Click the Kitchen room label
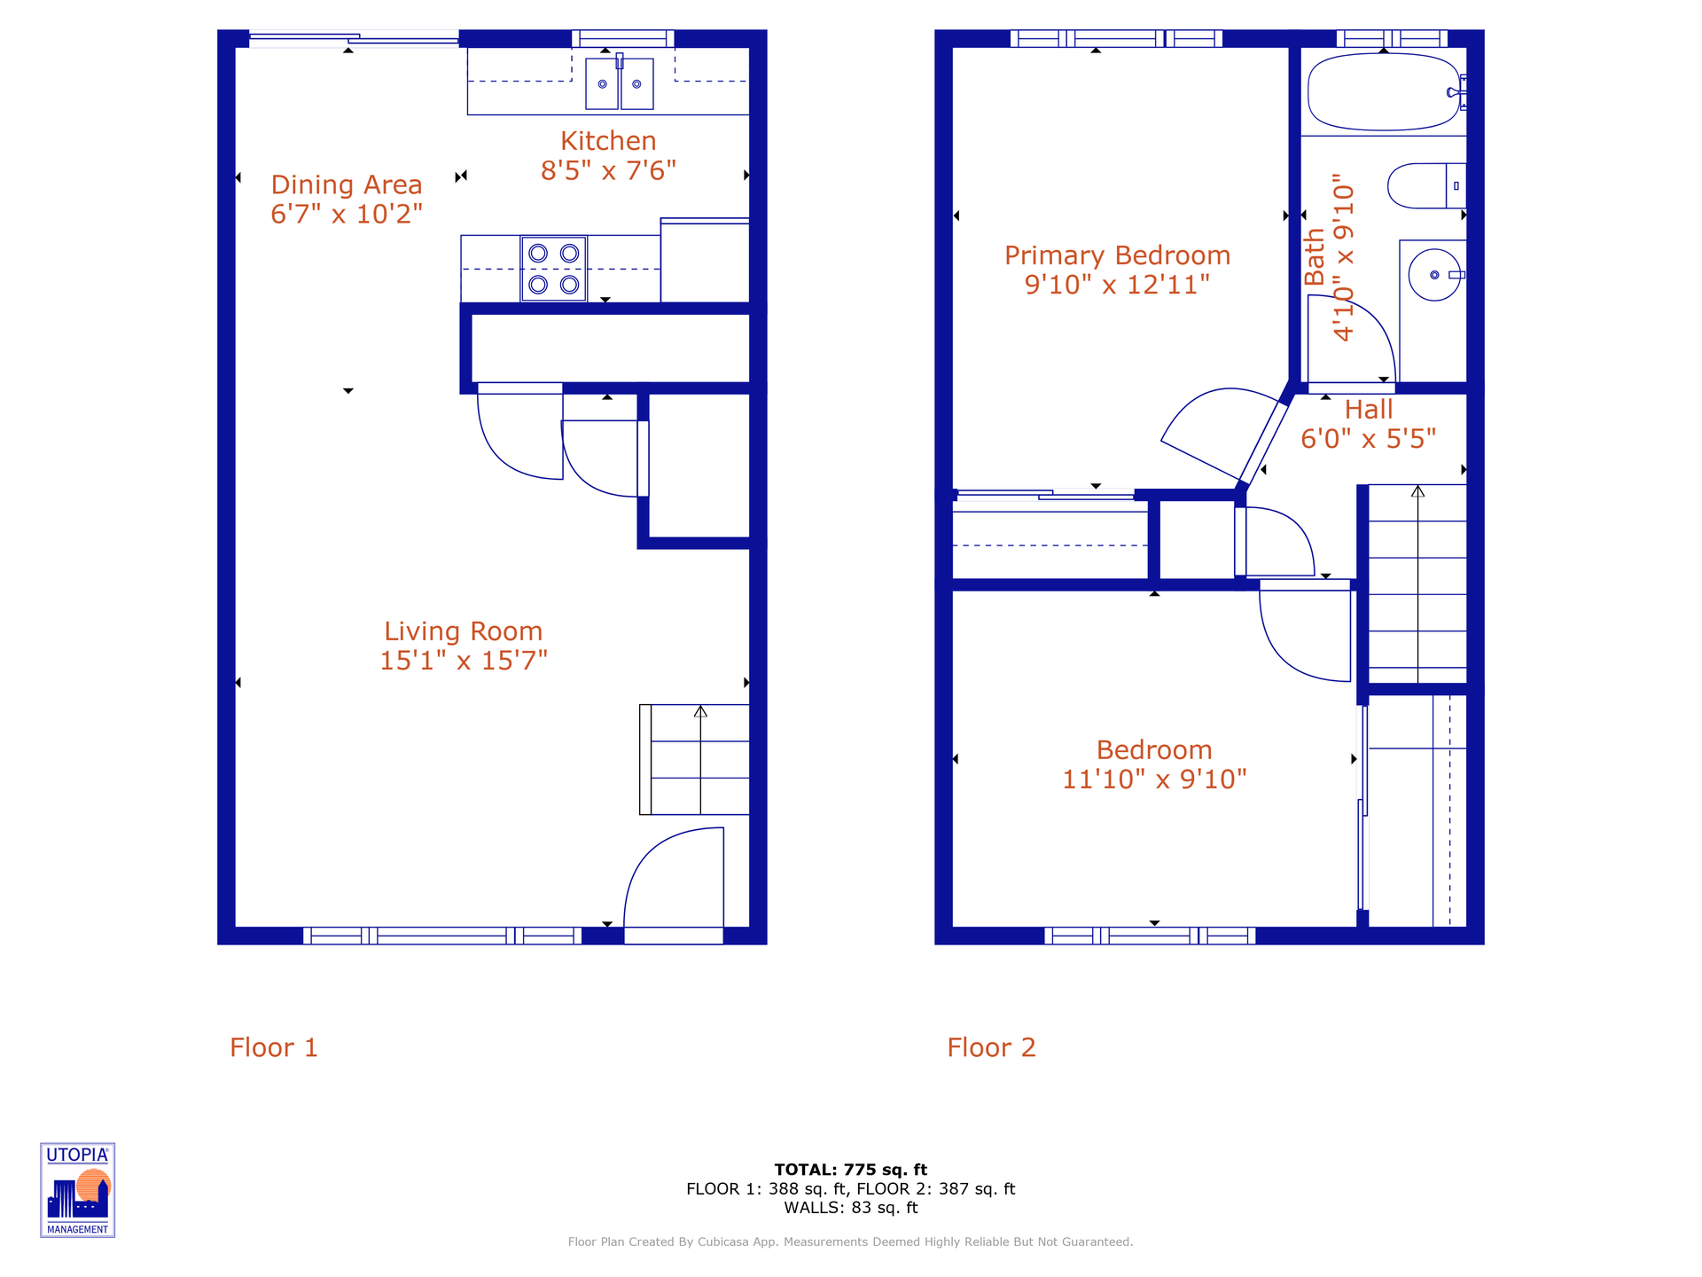tap(608, 141)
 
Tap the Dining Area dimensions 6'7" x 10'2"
tap(347, 214)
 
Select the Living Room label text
tap(463, 631)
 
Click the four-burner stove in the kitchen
tap(553, 269)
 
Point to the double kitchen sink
tap(619, 84)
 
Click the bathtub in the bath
tap(1383, 92)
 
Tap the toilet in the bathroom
tap(1425, 186)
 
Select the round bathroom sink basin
tap(1433, 275)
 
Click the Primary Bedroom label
tap(1117, 255)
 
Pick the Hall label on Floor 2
tap(1368, 410)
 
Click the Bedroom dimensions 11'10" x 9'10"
tap(1154, 779)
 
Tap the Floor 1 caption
tap(273, 1047)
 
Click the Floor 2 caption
tap(991, 1047)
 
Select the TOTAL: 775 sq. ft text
tap(850, 1170)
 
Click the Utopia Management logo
tap(78, 1190)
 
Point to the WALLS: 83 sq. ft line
tap(850, 1208)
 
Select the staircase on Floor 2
tap(1417, 585)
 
